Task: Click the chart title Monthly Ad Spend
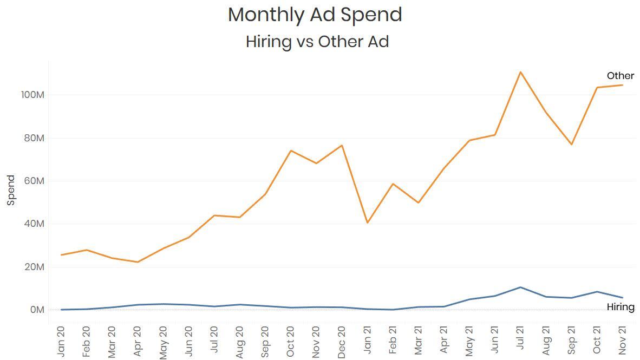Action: (x=315, y=15)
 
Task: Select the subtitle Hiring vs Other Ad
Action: (x=317, y=41)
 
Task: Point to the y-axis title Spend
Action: (x=11, y=190)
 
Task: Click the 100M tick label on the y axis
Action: (x=32, y=95)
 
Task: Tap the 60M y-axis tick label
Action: (x=33, y=181)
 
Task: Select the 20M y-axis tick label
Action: (x=33, y=267)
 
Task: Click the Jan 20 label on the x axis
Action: (x=61, y=341)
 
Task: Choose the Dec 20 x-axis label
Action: (x=342, y=341)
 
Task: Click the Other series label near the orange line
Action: (x=620, y=76)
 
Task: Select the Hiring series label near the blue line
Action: (x=620, y=307)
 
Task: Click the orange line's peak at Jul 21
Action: (x=520, y=72)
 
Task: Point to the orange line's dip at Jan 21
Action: (x=367, y=222)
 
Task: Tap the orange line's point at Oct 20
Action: (x=291, y=150)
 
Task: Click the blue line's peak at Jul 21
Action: (x=520, y=287)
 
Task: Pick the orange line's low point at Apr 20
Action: (x=138, y=262)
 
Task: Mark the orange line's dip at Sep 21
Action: (x=571, y=145)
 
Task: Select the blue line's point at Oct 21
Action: (x=597, y=292)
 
